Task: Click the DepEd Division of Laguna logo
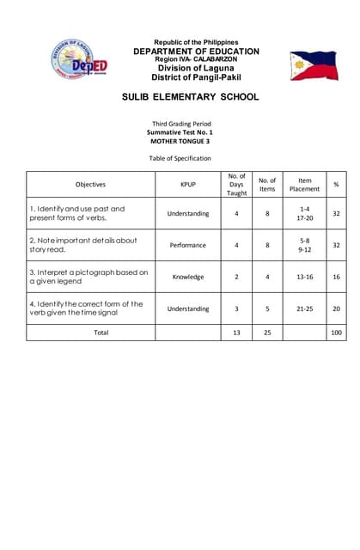[77, 59]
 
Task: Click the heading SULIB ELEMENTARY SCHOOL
[191, 97]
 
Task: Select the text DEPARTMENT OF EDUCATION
[196, 51]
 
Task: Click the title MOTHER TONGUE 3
[180, 141]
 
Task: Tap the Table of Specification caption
[180, 158]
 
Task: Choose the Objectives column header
[90, 184]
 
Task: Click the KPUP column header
[187, 184]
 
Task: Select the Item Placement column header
[304, 184]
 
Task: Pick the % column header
[336, 184]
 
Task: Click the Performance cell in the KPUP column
[187, 245]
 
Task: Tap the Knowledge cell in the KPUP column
[187, 277]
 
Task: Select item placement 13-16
[304, 277]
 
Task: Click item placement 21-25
[304, 308]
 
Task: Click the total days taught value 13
[236, 332]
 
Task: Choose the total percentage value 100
[336, 332]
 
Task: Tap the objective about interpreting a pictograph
[88, 277]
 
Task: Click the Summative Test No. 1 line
[180, 132]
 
